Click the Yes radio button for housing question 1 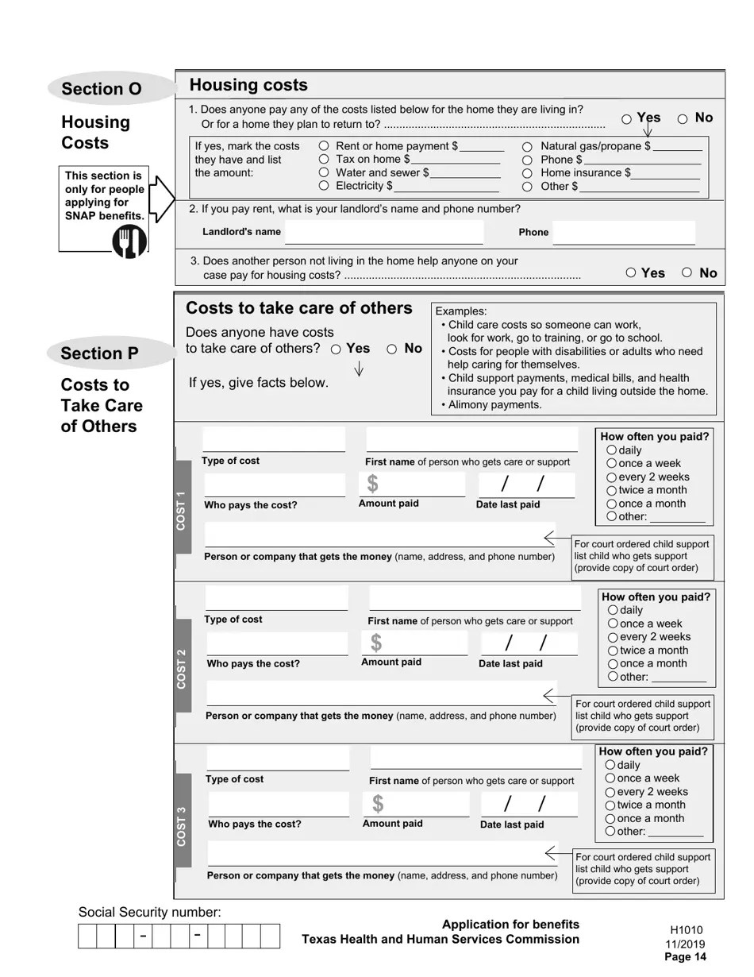coord(627,119)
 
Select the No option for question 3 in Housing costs coord(687,272)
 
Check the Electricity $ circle coord(324,186)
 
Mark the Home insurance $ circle coord(528,173)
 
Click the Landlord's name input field coord(383,232)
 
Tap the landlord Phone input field coord(624,233)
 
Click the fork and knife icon coord(129,241)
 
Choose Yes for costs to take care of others coord(337,349)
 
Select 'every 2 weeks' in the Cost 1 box coord(612,477)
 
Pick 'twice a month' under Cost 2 coord(614,651)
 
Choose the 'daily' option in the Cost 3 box coord(610,766)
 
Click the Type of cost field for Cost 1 coord(274,439)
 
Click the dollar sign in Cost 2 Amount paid coord(376,643)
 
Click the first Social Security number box coord(87,936)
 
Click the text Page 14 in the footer coord(685,957)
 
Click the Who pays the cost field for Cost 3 coord(278,804)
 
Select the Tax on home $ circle coord(324,160)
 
